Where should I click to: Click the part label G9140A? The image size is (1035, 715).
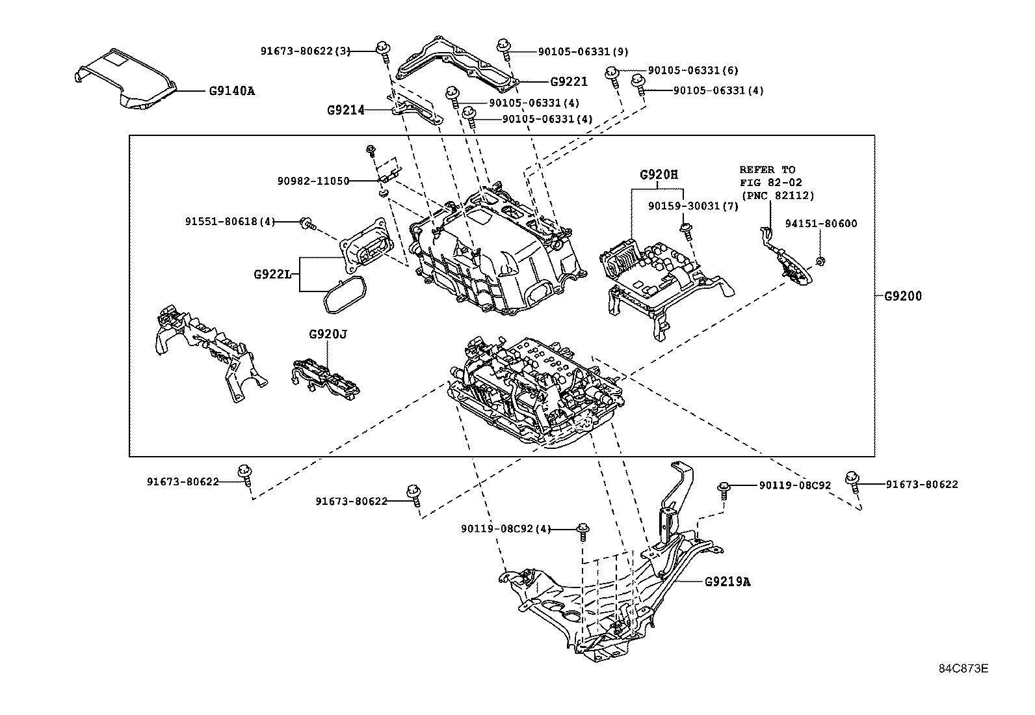231,90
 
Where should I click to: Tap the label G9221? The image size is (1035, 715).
568,82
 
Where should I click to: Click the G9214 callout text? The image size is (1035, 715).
345,111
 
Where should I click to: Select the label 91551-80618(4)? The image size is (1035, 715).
229,222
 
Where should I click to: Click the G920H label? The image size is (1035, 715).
659,174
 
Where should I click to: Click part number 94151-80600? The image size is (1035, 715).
820,224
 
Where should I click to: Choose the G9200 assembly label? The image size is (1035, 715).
902,297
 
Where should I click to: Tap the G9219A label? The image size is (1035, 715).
727,582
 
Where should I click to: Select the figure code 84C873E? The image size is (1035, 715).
963,668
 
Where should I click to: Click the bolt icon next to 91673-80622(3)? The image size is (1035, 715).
382,49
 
